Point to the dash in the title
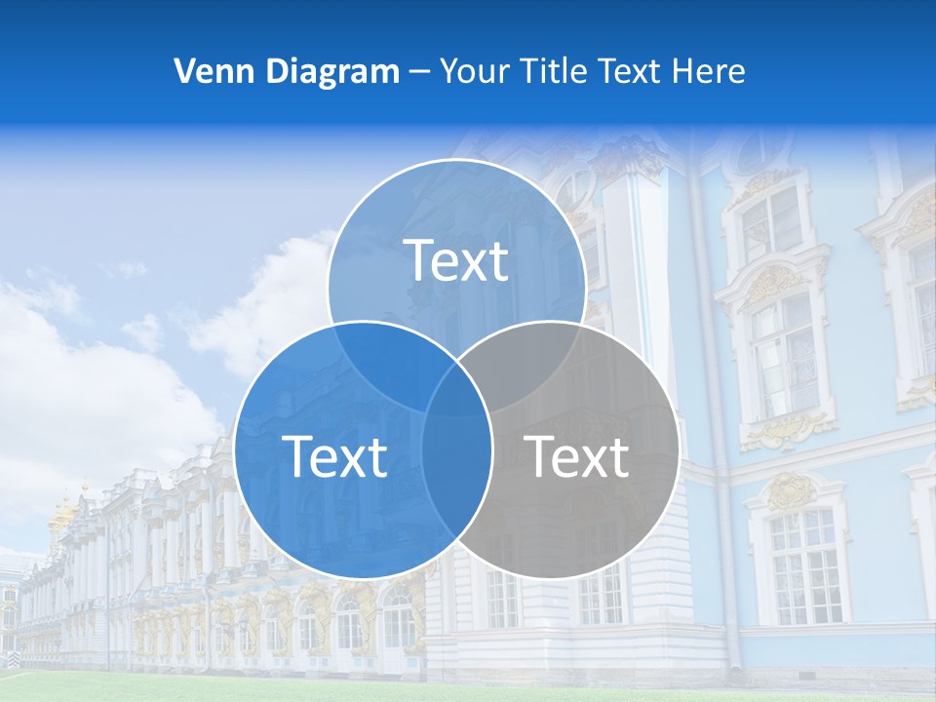tap(420, 72)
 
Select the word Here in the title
tap(715, 71)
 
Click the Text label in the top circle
tap(456, 260)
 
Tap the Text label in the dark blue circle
tap(334, 456)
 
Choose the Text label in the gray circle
tap(577, 456)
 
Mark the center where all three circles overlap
tap(456, 385)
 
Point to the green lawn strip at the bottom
tap(468, 688)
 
